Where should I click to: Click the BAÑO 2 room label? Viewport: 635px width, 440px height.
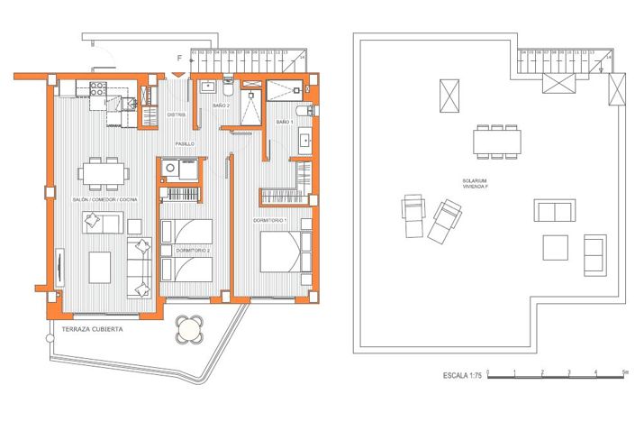coord(222,106)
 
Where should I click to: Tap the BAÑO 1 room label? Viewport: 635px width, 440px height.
coord(284,121)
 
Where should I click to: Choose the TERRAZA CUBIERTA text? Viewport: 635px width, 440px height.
coord(93,330)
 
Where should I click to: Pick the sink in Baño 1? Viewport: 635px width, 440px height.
coord(304,141)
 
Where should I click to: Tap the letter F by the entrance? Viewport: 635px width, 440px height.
coord(179,59)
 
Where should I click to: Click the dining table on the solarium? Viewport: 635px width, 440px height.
coord(496,141)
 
